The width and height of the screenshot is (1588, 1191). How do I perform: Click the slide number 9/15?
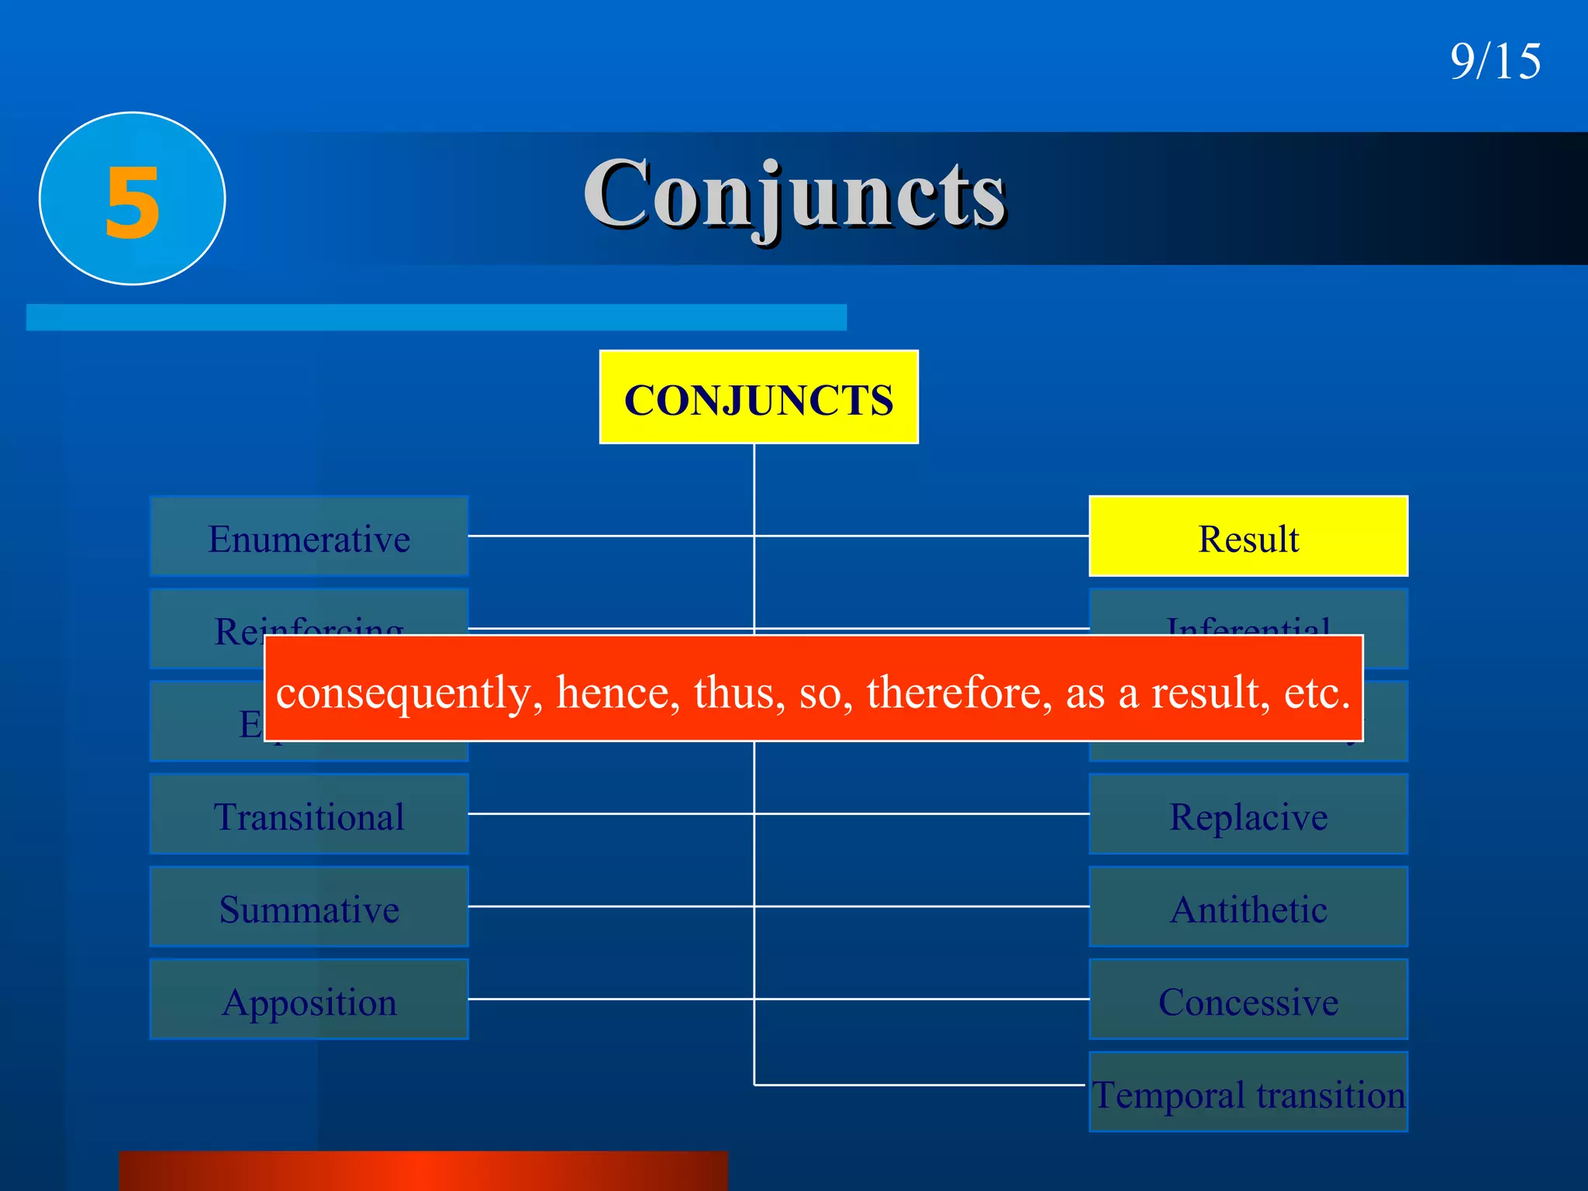point(1495,61)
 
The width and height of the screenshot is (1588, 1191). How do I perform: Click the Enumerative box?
point(309,537)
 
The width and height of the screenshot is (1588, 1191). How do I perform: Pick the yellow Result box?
point(1248,537)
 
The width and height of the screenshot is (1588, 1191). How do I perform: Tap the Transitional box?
point(309,815)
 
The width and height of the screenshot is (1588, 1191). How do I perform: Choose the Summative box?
point(309,907)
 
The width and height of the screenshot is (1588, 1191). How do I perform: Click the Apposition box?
point(309,1000)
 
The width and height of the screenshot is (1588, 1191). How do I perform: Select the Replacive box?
point(1248,815)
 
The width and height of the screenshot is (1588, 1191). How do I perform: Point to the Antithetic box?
point(1248,907)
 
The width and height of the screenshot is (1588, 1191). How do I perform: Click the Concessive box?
point(1248,1000)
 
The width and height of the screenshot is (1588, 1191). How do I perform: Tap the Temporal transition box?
point(1248,1093)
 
